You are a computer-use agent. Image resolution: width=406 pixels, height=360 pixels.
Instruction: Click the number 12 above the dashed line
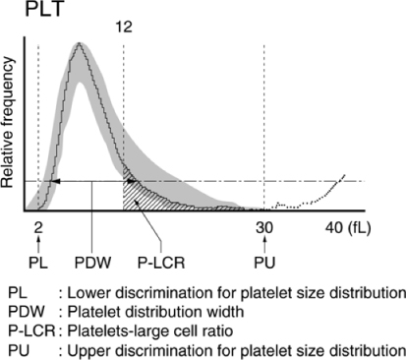click(123, 29)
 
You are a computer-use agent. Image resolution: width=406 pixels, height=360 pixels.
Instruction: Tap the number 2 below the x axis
click(35, 226)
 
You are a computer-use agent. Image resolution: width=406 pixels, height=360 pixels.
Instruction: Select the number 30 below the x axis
click(264, 226)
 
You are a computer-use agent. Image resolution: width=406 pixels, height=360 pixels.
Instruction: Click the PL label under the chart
click(36, 264)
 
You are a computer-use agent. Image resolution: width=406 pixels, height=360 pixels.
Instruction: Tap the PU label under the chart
click(264, 264)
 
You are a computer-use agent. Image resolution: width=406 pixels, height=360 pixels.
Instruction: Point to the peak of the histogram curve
click(80, 46)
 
